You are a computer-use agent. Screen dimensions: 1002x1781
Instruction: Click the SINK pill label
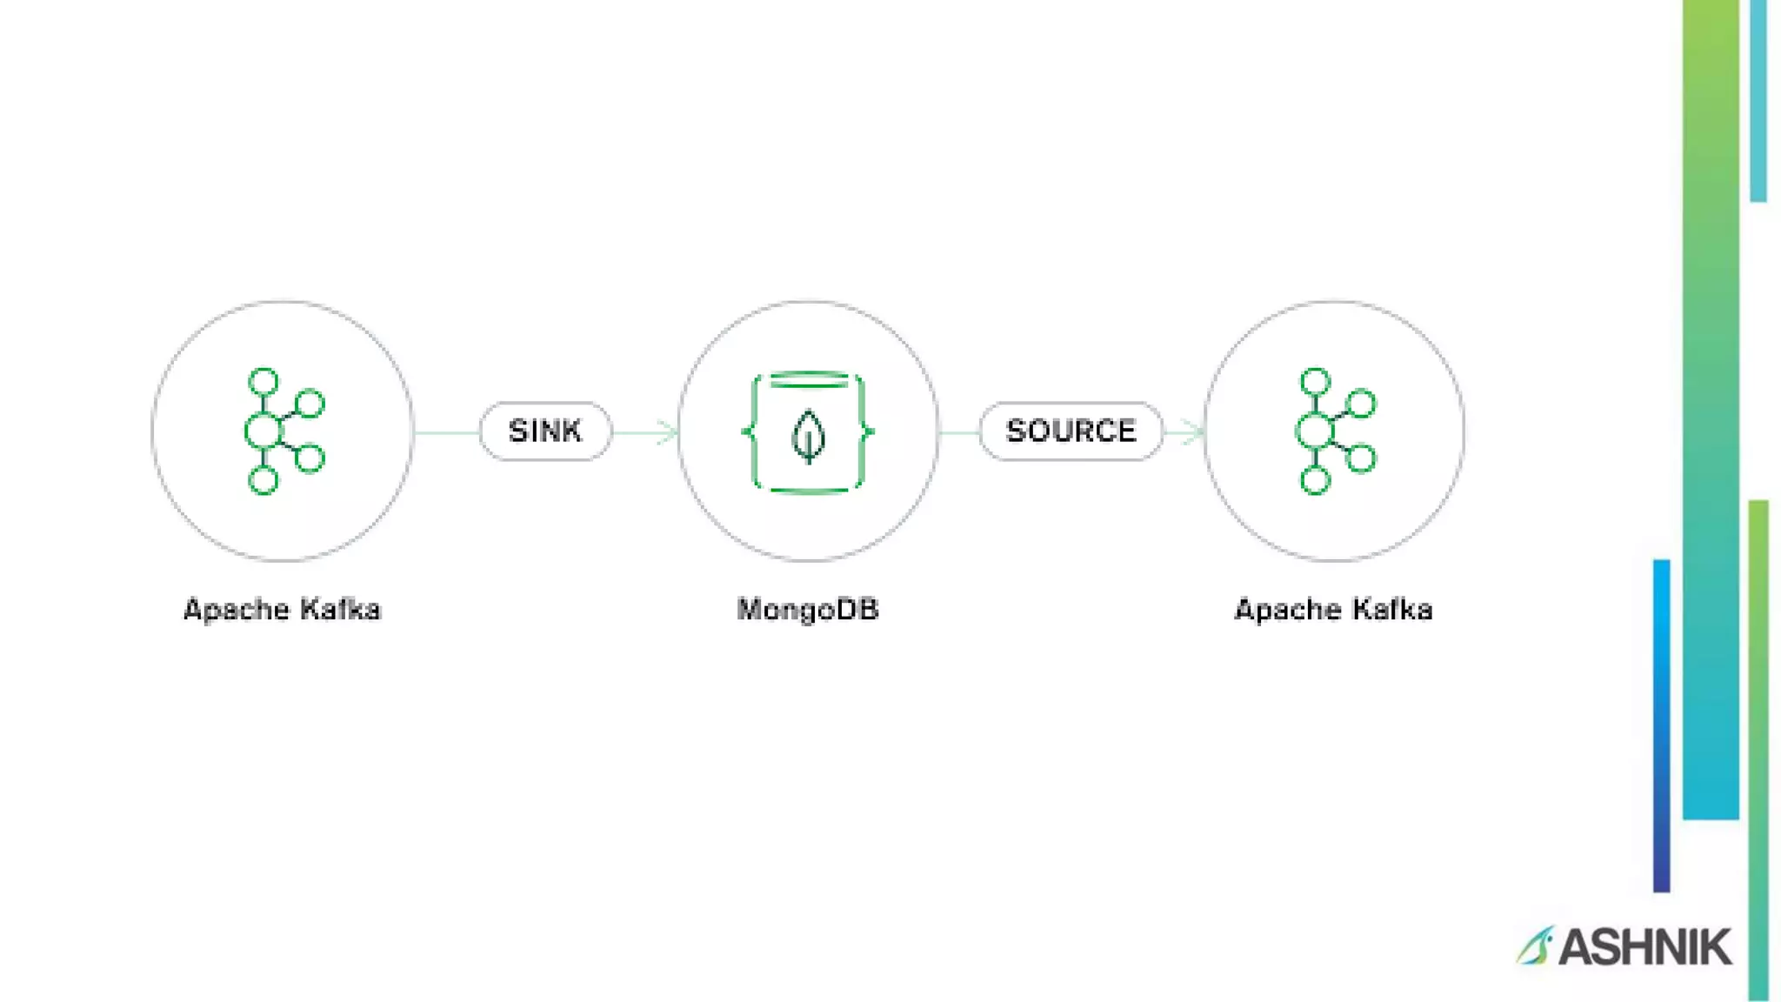(x=545, y=431)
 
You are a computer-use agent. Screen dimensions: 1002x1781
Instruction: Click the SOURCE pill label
(x=1071, y=431)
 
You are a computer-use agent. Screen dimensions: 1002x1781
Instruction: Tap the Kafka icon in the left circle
(x=283, y=431)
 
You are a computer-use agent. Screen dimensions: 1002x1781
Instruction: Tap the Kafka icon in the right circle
(x=1336, y=431)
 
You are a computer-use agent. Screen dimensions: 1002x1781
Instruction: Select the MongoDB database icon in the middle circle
(x=809, y=431)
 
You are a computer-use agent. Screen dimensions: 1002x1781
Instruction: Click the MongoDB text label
(x=808, y=610)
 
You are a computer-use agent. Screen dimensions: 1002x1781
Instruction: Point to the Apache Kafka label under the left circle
(x=282, y=610)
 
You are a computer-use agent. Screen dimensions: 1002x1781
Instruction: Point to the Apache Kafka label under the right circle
(x=1333, y=610)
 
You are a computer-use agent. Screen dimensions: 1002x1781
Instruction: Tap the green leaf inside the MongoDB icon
(x=809, y=436)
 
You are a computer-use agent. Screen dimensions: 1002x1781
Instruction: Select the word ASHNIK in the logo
(x=1645, y=946)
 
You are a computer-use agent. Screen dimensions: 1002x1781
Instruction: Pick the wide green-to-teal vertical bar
(x=1711, y=409)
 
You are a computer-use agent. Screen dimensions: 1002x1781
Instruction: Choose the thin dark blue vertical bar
(x=1661, y=726)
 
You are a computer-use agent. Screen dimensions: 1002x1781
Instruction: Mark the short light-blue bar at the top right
(x=1758, y=100)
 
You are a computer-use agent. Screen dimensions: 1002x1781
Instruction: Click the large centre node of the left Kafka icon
(x=263, y=431)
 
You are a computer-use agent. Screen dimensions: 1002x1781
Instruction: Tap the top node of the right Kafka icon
(x=1315, y=382)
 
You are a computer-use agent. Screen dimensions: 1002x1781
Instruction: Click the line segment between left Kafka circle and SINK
(x=446, y=431)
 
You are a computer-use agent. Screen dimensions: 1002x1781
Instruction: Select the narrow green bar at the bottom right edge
(x=1758, y=748)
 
